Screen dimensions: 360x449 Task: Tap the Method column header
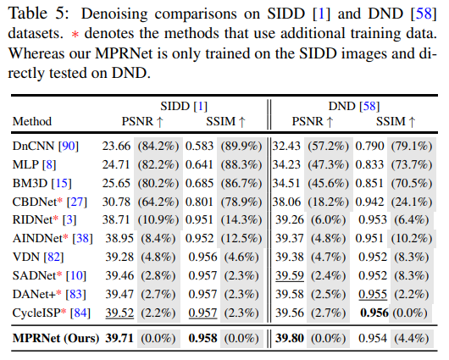pyautogui.click(x=32, y=121)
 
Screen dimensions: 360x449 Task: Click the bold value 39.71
pyautogui.click(x=119, y=339)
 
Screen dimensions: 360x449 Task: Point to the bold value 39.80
pyautogui.click(x=292, y=339)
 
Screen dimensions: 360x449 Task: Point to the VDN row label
pyautogui.click(x=27, y=256)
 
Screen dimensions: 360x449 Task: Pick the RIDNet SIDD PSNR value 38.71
pyautogui.click(x=119, y=219)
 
